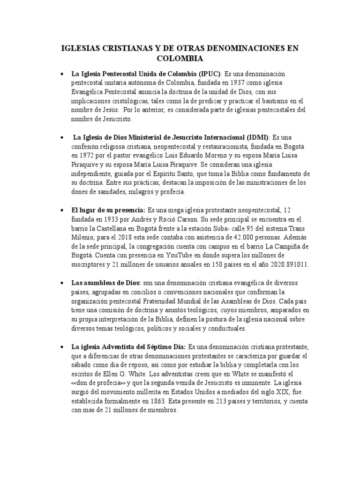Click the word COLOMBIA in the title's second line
(x=180, y=59)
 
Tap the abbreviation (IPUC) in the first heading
(x=204, y=74)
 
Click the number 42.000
(x=220, y=237)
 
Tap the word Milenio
(x=84, y=237)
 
